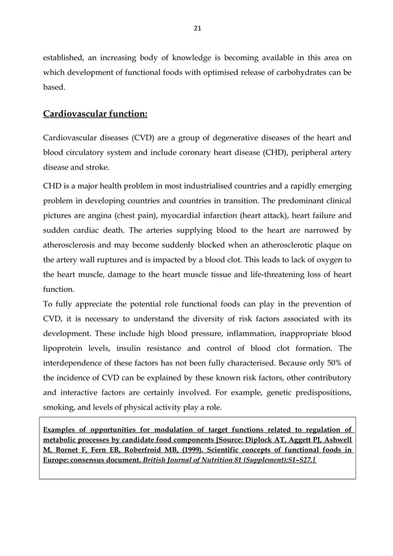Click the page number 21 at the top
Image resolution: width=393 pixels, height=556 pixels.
[198, 28]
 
